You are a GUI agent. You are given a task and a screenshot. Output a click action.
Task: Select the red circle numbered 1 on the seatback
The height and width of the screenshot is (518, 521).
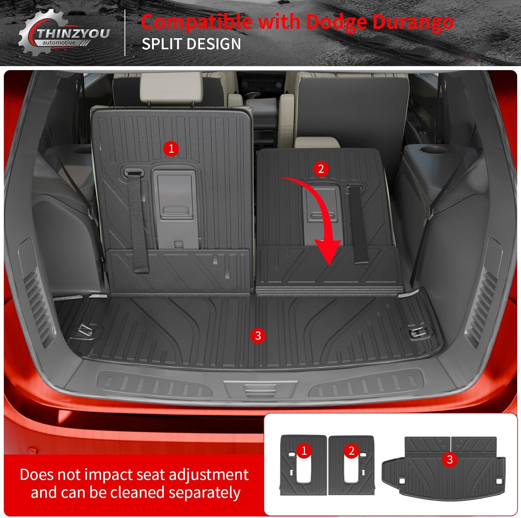coord(171,149)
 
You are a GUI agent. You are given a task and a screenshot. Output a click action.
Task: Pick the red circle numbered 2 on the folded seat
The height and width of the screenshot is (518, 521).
coord(321,169)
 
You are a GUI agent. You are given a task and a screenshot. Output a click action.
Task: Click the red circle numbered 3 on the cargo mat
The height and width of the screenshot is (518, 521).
coord(258,336)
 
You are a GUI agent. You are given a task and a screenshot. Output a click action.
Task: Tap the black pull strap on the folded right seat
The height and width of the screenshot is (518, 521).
coord(357,224)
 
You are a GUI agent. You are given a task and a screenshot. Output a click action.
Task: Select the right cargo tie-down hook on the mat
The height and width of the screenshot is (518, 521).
coord(415,332)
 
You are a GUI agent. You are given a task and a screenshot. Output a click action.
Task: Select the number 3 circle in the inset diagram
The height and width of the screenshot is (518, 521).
coord(450,459)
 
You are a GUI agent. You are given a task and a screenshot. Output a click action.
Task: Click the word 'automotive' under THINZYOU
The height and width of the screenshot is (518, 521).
coord(59,43)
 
